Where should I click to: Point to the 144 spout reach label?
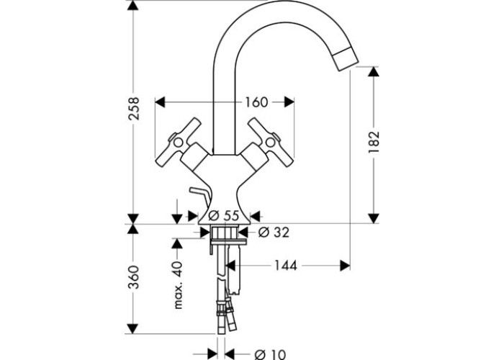click(287, 266)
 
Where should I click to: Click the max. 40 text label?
click(180, 285)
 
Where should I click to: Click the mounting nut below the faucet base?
click(223, 232)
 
